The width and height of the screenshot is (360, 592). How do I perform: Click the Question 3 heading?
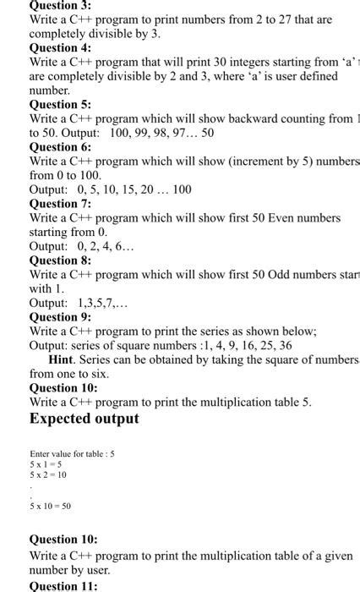point(60,5)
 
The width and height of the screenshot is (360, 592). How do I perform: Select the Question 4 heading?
point(60,47)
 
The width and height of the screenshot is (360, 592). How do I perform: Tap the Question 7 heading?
point(60,204)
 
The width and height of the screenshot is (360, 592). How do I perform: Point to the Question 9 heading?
point(60,317)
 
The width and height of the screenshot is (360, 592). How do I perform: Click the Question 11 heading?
point(63,585)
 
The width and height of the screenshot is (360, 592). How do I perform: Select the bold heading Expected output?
point(85,419)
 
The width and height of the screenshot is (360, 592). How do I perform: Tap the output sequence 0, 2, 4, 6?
point(96,246)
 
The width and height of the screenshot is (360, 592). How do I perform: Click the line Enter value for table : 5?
point(72,453)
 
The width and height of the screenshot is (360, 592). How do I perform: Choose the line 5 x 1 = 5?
point(46,464)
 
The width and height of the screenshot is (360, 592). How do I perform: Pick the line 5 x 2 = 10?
point(48,474)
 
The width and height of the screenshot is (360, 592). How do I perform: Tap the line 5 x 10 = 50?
point(51,506)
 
